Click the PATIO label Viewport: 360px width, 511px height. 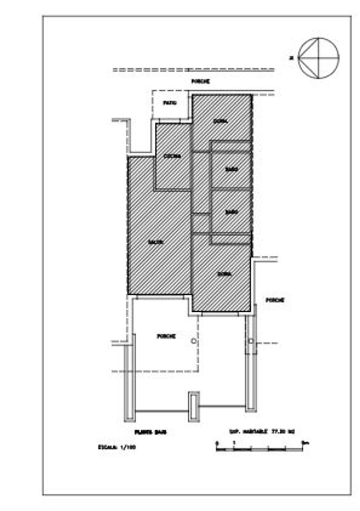click(x=170, y=103)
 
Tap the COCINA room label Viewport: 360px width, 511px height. click(x=172, y=156)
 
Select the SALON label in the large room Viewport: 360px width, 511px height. click(x=156, y=242)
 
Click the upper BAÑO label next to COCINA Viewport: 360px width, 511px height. click(x=232, y=170)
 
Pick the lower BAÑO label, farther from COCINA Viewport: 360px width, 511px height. click(x=232, y=212)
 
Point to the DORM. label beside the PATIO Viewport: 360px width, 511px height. click(x=221, y=121)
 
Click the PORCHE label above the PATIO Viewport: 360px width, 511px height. click(x=201, y=82)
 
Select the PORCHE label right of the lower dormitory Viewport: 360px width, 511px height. click(x=275, y=300)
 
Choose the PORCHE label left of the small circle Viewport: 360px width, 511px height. click(x=166, y=336)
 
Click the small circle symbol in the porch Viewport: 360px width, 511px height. click(x=193, y=340)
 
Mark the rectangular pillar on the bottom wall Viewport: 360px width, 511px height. click(x=194, y=407)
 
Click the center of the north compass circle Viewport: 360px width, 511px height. click(x=319, y=58)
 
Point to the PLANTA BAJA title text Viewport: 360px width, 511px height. click(x=151, y=432)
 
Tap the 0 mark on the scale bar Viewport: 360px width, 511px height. click(x=217, y=443)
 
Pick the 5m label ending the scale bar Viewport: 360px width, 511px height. click(x=305, y=443)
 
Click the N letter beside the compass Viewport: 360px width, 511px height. click(x=291, y=58)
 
